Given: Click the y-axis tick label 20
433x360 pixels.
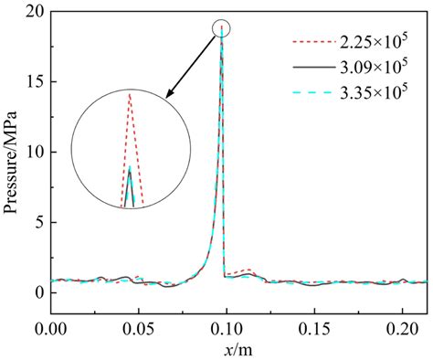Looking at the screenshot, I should point(37,12).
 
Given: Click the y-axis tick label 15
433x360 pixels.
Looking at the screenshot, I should point(37,82).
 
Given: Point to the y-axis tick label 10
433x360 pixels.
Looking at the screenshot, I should point(37,153).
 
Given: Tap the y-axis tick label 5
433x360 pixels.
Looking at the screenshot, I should point(41,222).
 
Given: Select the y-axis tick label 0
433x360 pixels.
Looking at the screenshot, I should point(41,292).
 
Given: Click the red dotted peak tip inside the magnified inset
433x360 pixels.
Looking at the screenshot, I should point(130,94).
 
